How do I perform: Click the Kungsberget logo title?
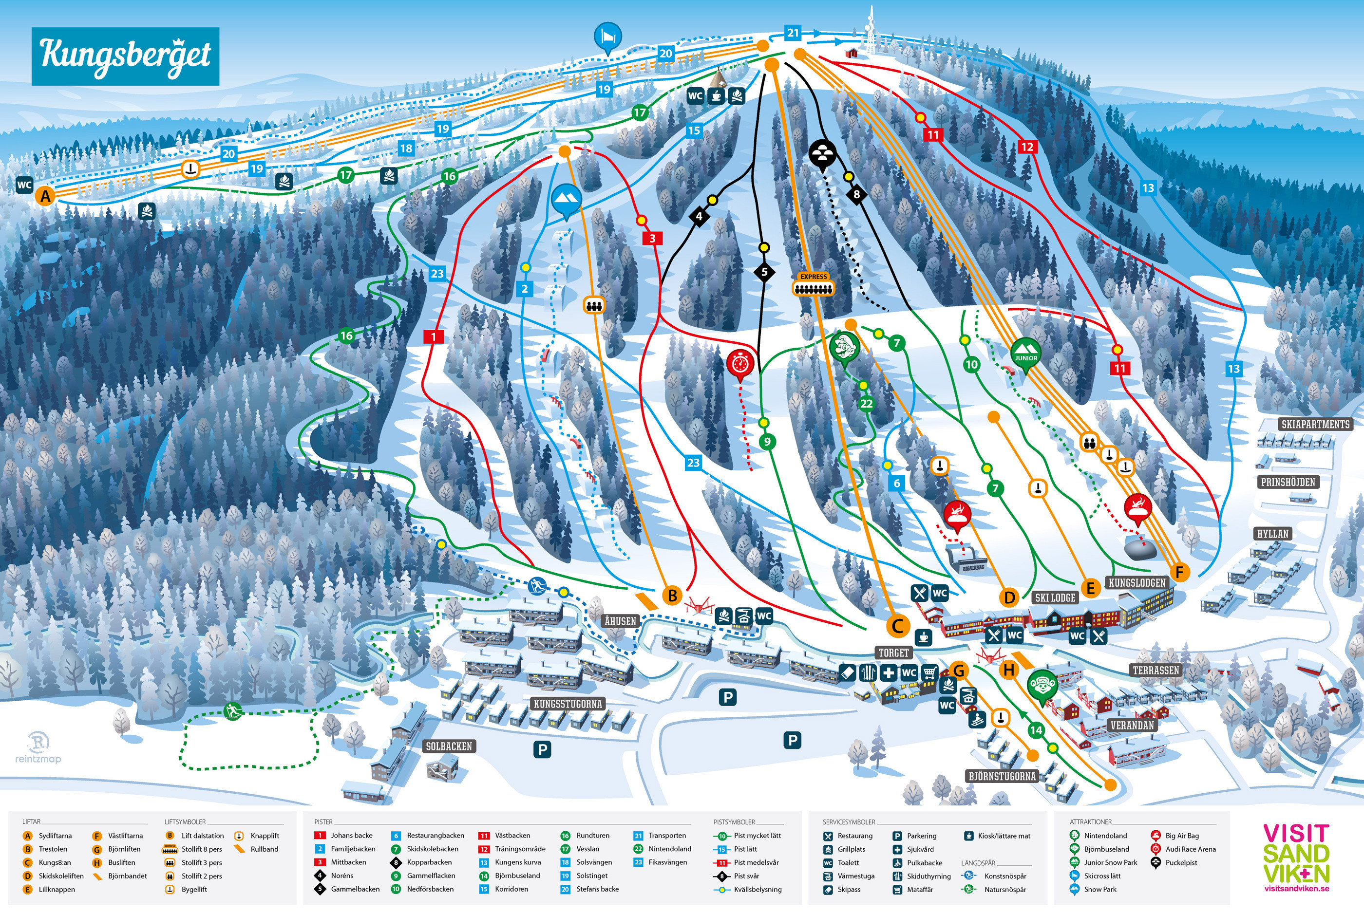(x=125, y=56)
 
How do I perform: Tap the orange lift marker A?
(x=45, y=196)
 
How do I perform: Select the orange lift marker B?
(x=672, y=595)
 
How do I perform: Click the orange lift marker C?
(x=897, y=626)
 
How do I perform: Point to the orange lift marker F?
(x=1179, y=573)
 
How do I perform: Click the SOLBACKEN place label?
(x=449, y=746)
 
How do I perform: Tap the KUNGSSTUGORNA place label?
(x=568, y=704)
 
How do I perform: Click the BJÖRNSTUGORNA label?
(x=1002, y=776)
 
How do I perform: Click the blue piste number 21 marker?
(x=793, y=33)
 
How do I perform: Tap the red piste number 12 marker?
(x=1026, y=147)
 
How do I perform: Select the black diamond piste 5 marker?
(x=764, y=272)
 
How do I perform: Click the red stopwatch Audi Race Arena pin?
(x=740, y=364)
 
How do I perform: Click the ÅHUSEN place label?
(x=620, y=621)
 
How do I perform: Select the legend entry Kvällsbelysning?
(x=757, y=890)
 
